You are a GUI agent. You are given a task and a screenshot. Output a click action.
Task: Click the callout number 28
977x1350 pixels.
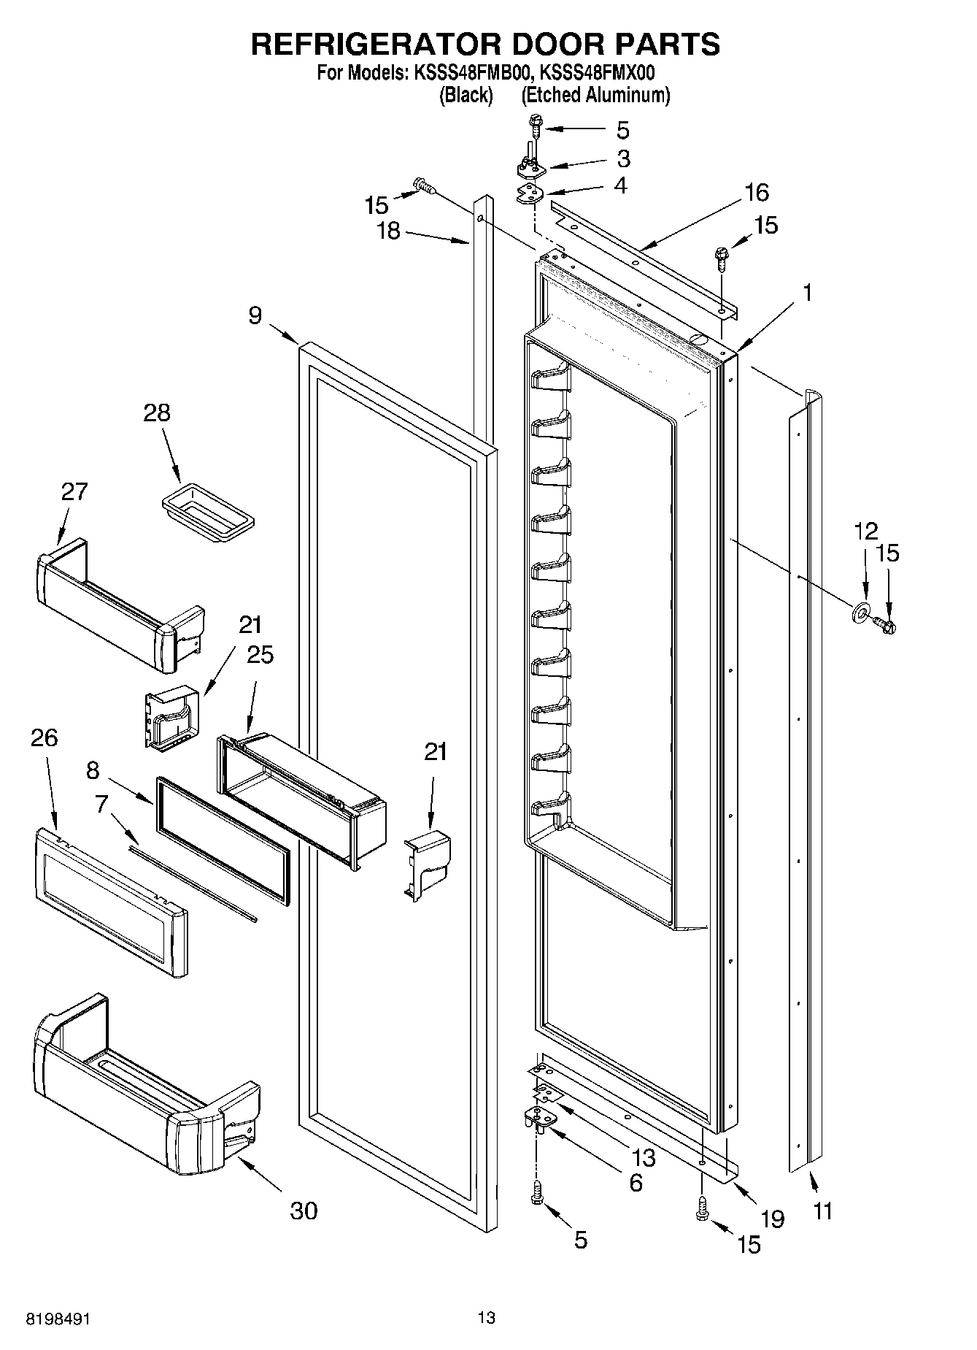tap(156, 413)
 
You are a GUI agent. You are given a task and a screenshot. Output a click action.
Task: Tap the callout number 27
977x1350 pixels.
tap(74, 491)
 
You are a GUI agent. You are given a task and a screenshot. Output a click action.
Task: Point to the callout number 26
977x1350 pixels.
tap(44, 737)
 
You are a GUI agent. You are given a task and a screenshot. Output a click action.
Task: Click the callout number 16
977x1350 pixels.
tap(757, 193)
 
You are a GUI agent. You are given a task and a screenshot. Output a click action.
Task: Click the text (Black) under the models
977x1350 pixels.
tap(466, 95)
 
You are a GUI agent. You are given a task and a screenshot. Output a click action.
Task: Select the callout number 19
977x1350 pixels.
tap(772, 1219)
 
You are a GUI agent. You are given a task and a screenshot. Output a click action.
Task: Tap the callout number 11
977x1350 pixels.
tap(822, 1211)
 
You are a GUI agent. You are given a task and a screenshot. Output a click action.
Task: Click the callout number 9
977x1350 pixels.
tap(255, 316)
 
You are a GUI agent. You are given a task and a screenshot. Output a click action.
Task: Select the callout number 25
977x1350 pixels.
tap(260, 655)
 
